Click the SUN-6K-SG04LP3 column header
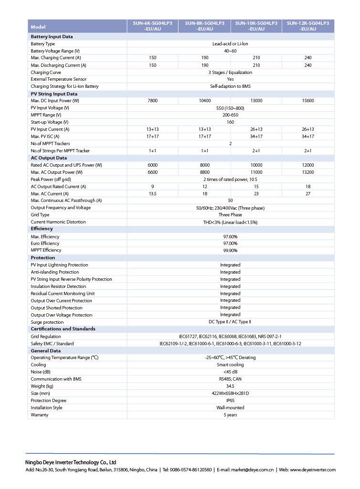(x=152, y=26)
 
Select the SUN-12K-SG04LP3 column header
(x=307, y=26)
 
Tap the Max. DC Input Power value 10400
(x=204, y=101)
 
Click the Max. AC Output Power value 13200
(x=307, y=172)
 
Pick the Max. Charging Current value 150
(x=152, y=58)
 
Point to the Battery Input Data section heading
(x=52, y=36)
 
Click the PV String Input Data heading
(x=54, y=94)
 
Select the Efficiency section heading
(x=42, y=229)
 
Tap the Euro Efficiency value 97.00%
(x=230, y=244)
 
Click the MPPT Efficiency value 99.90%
(x=230, y=250)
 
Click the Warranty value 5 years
(x=230, y=415)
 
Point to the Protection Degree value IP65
(x=230, y=401)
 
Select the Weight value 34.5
(x=230, y=386)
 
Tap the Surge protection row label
(x=47, y=322)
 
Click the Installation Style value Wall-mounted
(x=230, y=408)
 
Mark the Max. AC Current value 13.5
(x=152, y=194)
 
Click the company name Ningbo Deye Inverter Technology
(x=71, y=462)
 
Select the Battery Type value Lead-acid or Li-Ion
(x=230, y=44)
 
